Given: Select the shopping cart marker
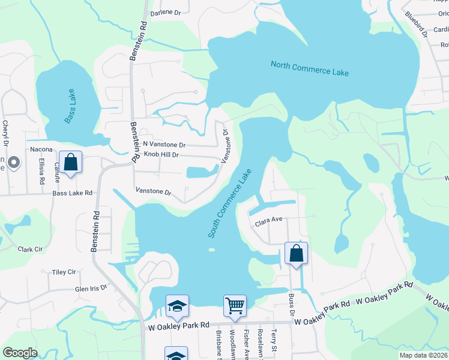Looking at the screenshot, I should click(x=235, y=305).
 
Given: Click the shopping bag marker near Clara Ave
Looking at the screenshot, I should click(x=296, y=253).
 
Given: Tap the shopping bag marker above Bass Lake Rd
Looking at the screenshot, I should click(x=70, y=162).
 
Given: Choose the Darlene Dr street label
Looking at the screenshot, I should click(x=165, y=13).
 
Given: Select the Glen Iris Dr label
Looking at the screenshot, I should click(x=91, y=288).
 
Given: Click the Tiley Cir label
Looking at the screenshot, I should click(x=64, y=272).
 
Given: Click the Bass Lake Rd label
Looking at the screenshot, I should click(x=73, y=193).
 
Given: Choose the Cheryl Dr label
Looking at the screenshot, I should click(x=5, y=132).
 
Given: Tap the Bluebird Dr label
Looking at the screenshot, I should click(x=416, y=24).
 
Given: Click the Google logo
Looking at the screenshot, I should click(x=20, y=353).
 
